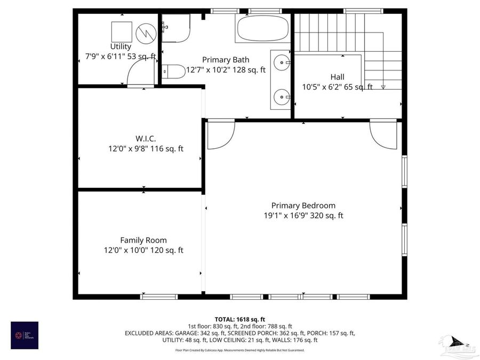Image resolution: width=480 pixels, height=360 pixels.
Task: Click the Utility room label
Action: click(x=121, y=47)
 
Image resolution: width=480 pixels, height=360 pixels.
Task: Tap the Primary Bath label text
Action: click(x=225, y=60)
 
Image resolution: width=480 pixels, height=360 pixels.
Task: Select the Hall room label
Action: click(x=337, y=77)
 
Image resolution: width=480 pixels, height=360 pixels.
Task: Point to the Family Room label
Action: click(x=143, y=240)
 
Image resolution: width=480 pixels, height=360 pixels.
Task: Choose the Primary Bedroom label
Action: click(x=303, y=205)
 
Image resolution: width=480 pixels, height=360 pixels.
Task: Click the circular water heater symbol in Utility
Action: click(x=145, y=34)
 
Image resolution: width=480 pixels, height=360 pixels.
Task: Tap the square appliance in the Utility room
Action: click(x=122, y=31)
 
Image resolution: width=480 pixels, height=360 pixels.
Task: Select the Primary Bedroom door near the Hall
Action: click(x=383, y=134)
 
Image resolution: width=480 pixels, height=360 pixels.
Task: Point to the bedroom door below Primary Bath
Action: click(x=220, y=134)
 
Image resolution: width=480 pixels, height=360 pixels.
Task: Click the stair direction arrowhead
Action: click(x=383, y=87)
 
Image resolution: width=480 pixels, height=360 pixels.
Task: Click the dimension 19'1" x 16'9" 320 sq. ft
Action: click(x=303, y=216)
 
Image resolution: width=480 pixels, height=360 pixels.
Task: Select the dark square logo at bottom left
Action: click(x=25, y=335)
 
